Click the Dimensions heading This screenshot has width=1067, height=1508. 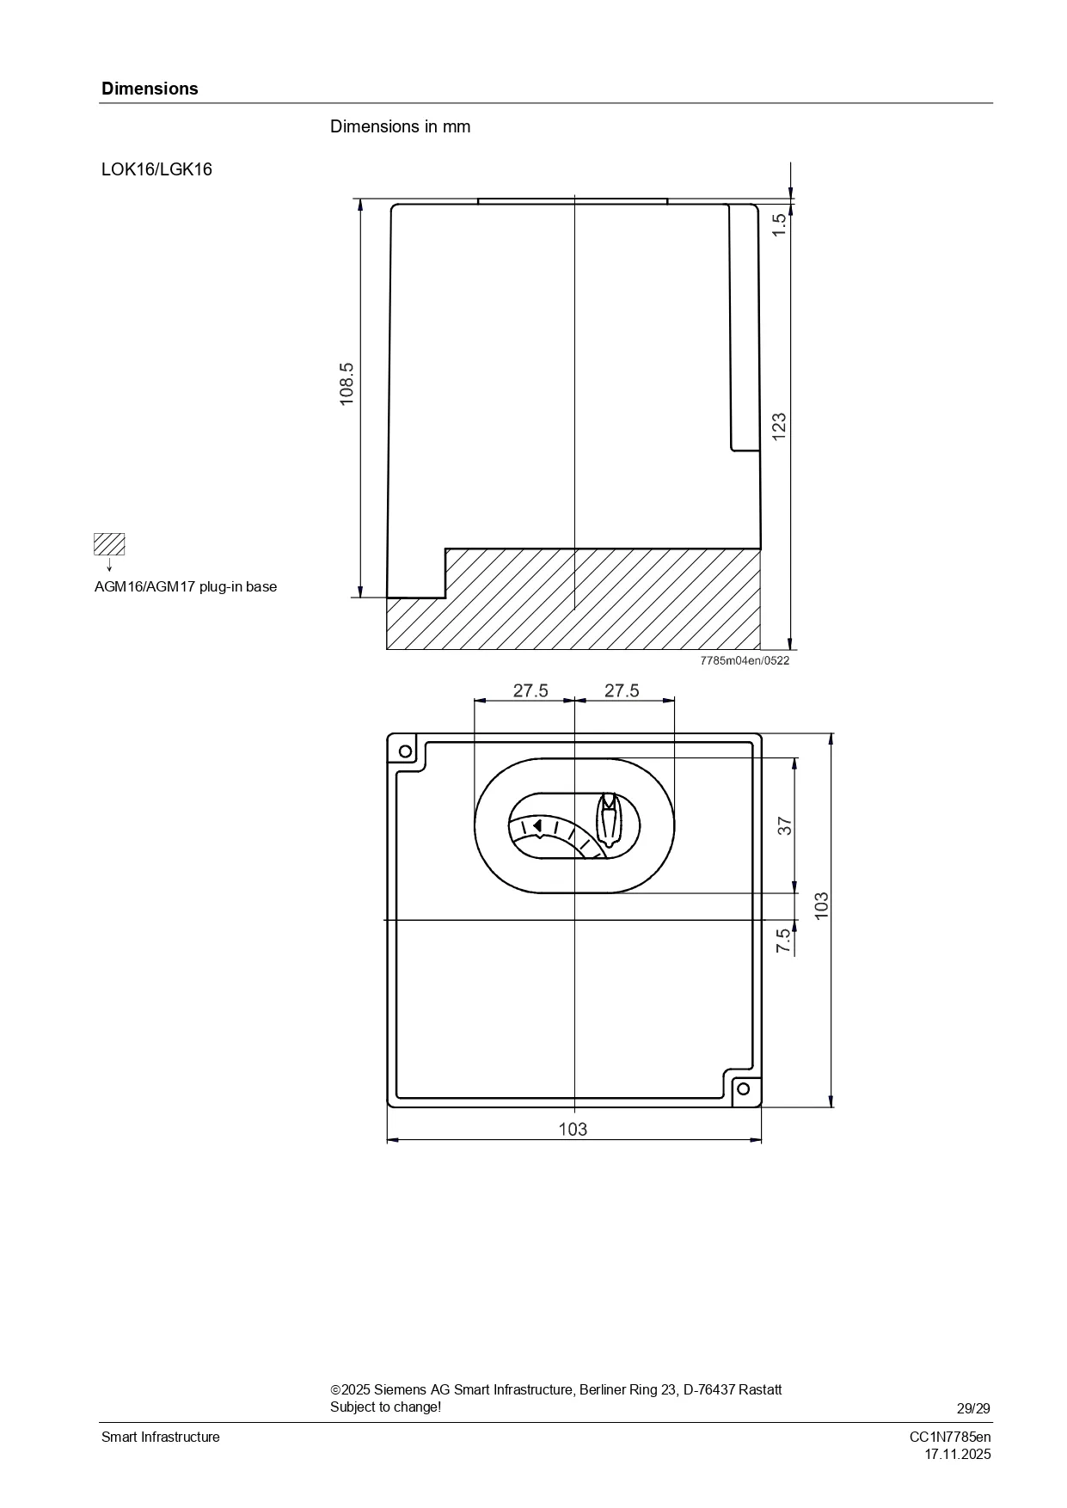tap(150, 89)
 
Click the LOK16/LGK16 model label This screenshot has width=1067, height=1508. tap(156, 169)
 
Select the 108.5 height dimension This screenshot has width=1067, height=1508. tap(346, 383)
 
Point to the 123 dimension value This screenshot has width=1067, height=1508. tap(779, 427)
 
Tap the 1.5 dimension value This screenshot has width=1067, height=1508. tap(779, 225)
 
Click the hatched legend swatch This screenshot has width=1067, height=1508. tap(109, 544)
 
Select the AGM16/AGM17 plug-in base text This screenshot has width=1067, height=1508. tap(186, 587)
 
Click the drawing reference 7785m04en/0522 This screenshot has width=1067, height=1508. tap(745, 660)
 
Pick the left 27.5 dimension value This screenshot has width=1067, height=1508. tap(530, 690)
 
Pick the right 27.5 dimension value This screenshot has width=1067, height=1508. tap(622, 690)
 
